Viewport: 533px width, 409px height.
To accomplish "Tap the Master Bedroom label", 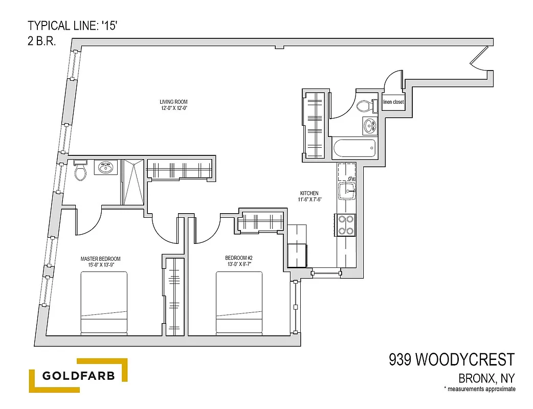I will click(x=100, y=261).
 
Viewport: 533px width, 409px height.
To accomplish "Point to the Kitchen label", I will click(x=310, y=196).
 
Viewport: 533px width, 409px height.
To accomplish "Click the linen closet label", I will click(x=393, y=102).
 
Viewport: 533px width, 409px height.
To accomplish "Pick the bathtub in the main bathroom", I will click(x=354, y=149).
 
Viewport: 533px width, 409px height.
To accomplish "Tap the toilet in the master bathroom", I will click(x=80, y=171).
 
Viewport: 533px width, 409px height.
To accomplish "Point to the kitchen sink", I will click(x=346, y=191).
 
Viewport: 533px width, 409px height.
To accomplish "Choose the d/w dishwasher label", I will click(x=351, y=178).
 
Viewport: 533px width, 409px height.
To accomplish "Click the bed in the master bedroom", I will click(x=104, y=302).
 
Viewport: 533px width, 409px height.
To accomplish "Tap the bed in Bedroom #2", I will click(x=239, y=302).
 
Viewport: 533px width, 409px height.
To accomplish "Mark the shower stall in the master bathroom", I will click(x=132, y=181).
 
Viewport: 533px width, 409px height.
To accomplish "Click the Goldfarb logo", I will click(x=78, y=376).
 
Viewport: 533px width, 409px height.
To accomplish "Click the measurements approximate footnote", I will click(x=479, y=390).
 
